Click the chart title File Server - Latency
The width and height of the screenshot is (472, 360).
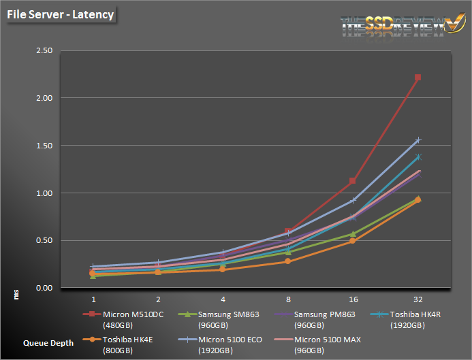coord(60,13)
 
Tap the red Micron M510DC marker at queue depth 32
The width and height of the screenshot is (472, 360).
coord(418,78)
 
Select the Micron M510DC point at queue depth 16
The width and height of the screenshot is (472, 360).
coord(353,181)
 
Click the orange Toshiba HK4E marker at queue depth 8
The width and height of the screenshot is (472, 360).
coord(288,261)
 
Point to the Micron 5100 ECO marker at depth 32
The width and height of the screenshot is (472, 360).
coord(418,140)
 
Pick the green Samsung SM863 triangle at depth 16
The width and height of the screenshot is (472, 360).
coord(353,234)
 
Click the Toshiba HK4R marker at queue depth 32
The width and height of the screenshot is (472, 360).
coord(418,157)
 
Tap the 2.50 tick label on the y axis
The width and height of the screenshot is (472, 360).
coord(44,50)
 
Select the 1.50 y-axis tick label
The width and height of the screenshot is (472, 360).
coord(44,146)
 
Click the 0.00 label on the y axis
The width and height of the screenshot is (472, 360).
coord(44,288)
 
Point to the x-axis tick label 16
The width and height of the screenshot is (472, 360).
coord(353,299)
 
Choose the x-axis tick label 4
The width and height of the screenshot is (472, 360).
coord(223,299)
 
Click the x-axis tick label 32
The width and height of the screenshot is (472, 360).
coord(418,299)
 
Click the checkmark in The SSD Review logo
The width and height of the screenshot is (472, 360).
coord(452,24)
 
